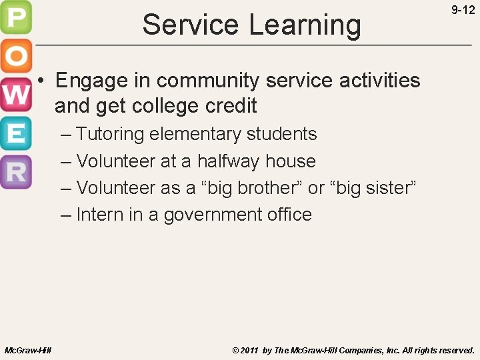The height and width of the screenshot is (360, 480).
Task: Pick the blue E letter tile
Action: pyautogui.click(x=16, y=133)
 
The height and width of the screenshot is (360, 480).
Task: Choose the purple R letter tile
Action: pyautogui.click(x=16, y=171)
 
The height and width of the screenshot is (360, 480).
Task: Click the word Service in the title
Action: pyautogui.click(x=190, y=25)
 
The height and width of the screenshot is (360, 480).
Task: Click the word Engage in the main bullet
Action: pyautogui.click(x=91, y=81)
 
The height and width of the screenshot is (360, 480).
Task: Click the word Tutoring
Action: pyautogui.click(x=110, y=135)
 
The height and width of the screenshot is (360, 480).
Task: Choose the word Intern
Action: pyautogui.click(x=96, y=215)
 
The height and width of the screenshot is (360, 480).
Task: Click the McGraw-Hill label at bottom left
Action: pyautogui.click(x=28, y=350)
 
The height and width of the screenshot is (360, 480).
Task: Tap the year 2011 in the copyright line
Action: pyautogui.click(x=250, y=350)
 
